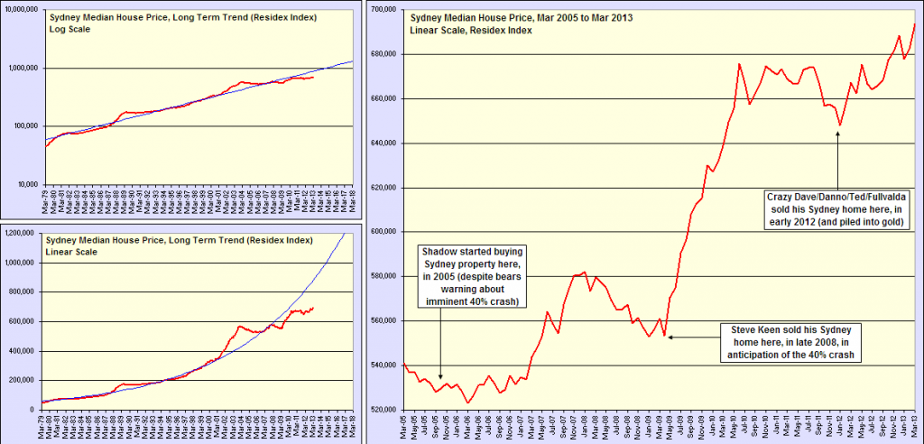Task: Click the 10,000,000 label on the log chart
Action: (20, 9)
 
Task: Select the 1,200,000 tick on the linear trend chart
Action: (20, 234)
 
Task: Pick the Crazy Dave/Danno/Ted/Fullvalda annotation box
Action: (836, 207)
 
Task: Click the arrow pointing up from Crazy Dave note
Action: (838, 158)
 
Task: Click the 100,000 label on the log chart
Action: (25, 126)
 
